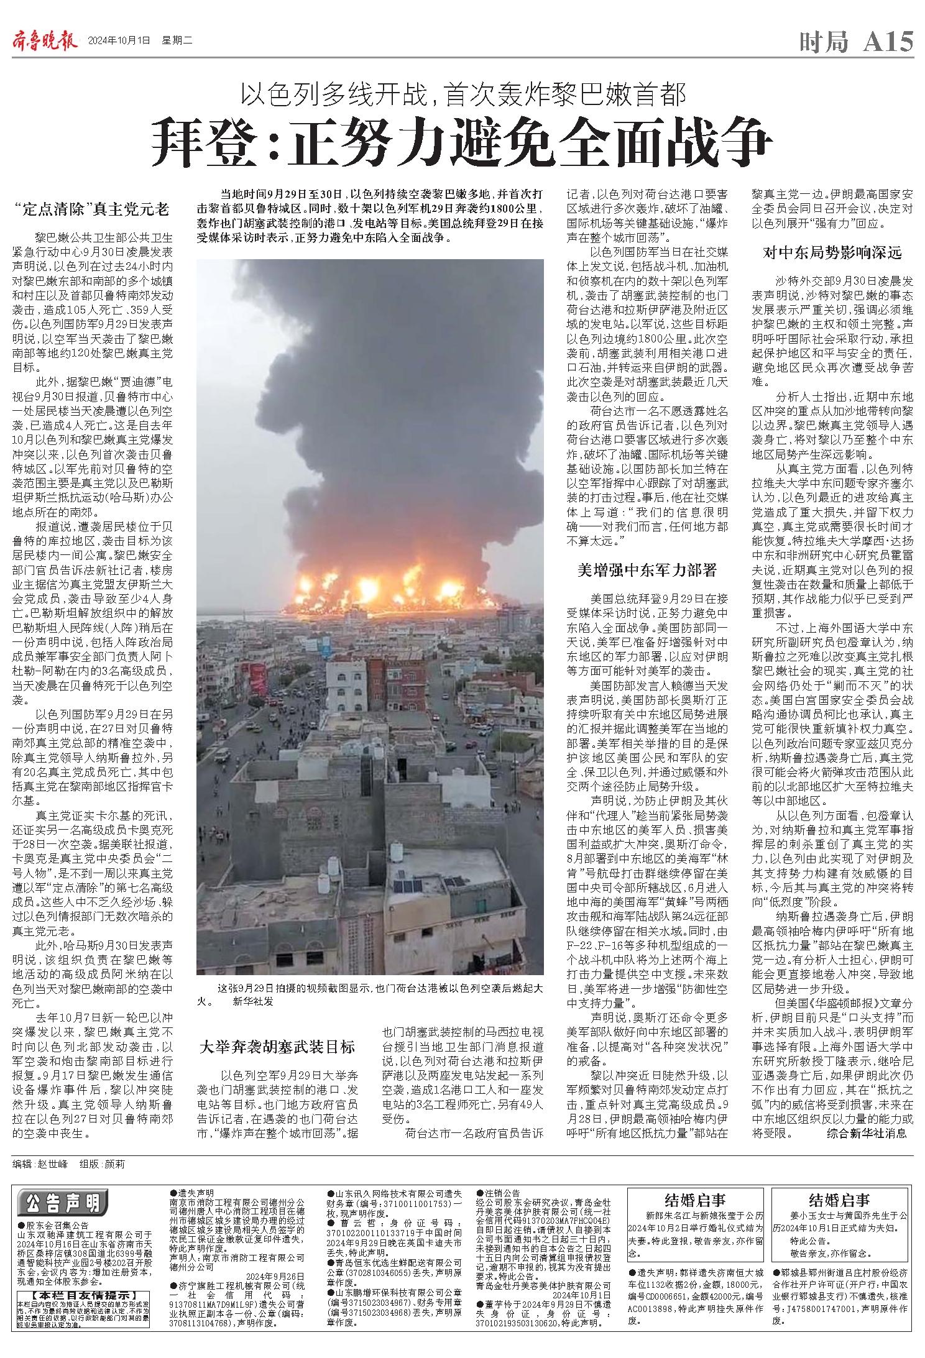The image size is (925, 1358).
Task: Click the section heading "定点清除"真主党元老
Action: coord(92,209)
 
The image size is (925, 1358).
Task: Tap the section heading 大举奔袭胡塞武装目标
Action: coord(277,1046)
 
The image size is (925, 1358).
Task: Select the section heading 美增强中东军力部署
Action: coord(647,569)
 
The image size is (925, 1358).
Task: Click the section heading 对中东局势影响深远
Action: coord(832,252)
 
